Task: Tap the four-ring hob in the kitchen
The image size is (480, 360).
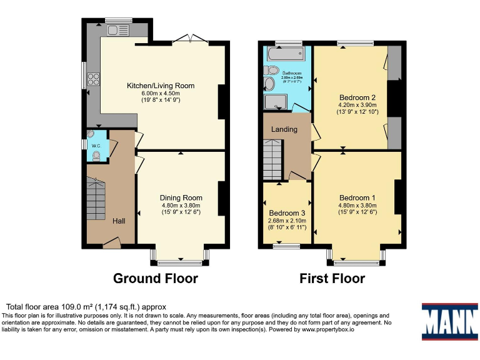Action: [94, 78]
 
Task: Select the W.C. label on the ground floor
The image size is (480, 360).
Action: [96, 146]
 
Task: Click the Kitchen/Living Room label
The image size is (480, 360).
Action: [161, 86]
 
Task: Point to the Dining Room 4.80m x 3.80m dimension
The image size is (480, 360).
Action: [181, 205]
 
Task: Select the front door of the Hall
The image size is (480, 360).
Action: [111, 242]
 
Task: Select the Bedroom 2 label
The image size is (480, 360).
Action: [357, 97]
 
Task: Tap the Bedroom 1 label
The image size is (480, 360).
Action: [357, 192]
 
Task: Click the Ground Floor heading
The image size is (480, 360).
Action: [155, 278]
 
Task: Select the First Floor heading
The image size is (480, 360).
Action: [332, 278]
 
